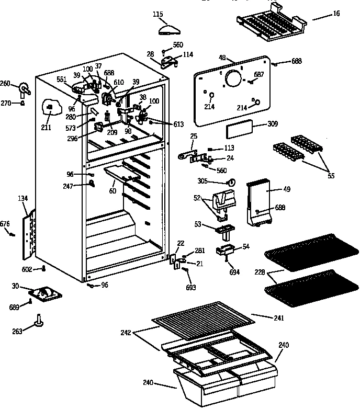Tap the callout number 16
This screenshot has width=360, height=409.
[335, 14]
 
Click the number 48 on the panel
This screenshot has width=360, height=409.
[222, 58]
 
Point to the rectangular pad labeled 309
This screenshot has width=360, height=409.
[239, 130]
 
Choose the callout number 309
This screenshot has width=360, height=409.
[272, 124]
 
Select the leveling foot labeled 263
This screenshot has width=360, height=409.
[39, 322]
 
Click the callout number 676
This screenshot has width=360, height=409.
[5, 224]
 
